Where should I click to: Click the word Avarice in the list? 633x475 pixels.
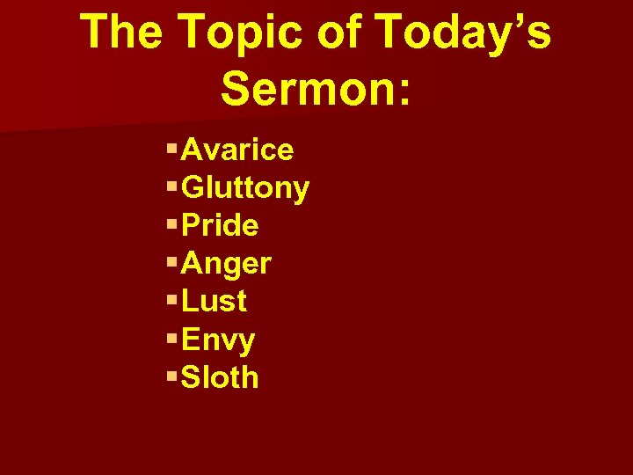pos(237,150)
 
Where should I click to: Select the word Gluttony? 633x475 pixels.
pos(245,188)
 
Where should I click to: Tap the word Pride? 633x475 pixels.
pos(220,226)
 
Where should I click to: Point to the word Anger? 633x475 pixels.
pos(226,264)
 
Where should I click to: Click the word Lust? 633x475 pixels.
pos(214,302)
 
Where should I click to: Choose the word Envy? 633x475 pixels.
pos(218,340)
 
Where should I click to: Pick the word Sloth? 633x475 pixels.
pos(220,377)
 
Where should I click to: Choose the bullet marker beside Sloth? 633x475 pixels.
pos(171,376)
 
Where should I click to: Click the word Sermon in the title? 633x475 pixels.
pos(303,88)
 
